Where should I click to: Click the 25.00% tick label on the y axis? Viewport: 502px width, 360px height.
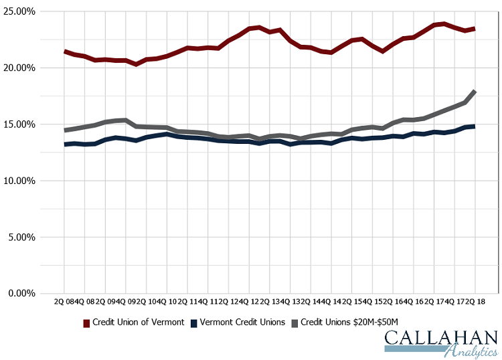[19, 11]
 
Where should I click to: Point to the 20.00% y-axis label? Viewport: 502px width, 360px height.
[19, 68]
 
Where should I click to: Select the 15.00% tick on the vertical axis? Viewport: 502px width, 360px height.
[19, 124]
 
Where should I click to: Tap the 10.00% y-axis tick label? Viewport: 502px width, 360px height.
[19, 181]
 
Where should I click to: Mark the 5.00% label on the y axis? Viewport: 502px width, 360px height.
[21, 237]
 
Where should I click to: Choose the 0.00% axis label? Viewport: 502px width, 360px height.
[21, 293]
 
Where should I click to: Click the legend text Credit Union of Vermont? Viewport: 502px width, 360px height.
[138, 322]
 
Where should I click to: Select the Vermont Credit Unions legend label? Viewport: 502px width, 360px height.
[242, 322]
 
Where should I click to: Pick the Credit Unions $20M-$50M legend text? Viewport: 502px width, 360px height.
[353, 322]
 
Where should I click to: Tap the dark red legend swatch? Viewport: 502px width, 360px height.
[86, 323]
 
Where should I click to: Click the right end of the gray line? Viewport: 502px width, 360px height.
[475, 91]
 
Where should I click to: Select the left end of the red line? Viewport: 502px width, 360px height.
[64, 52]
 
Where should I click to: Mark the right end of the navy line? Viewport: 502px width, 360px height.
[475, 126]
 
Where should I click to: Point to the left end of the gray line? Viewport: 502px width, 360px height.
[64, 130]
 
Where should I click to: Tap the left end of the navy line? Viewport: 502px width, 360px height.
[64, 145]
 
